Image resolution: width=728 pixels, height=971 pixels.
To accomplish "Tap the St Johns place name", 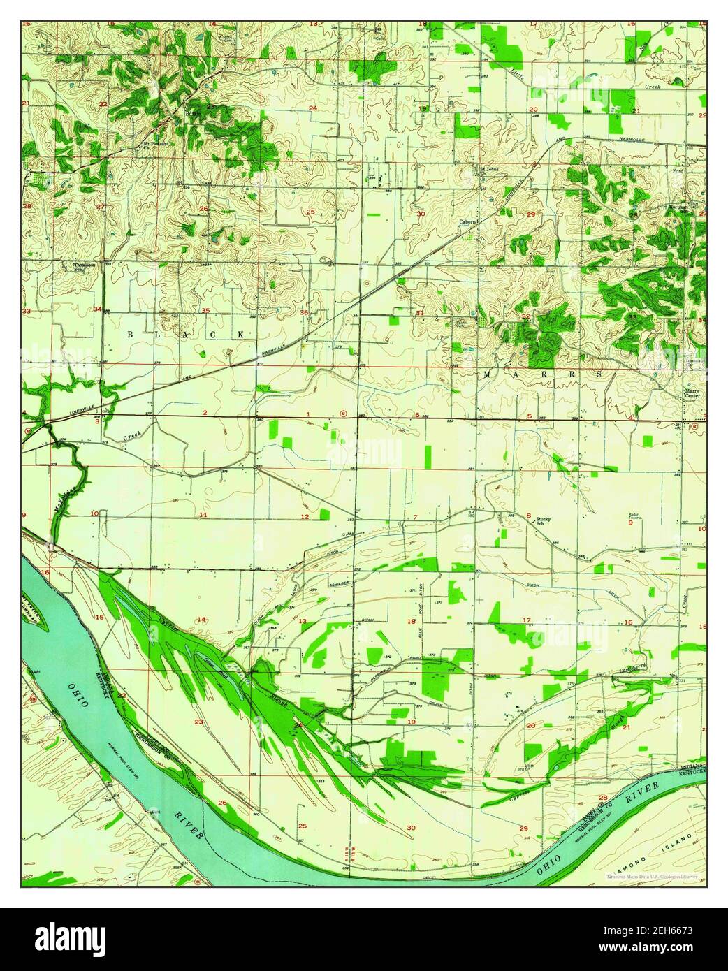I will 488,168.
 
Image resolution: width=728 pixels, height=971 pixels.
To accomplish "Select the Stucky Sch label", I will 544,521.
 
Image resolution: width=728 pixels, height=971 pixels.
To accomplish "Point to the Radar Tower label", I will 634,516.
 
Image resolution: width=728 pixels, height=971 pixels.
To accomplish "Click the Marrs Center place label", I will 692,393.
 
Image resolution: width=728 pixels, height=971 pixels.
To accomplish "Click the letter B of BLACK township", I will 128,335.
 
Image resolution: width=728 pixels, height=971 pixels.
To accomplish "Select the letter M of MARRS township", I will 487,375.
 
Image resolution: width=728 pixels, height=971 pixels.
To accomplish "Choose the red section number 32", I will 525,316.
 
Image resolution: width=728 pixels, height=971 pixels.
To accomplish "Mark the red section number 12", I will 305,516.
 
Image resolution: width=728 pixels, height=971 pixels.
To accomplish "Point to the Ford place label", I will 676,170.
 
